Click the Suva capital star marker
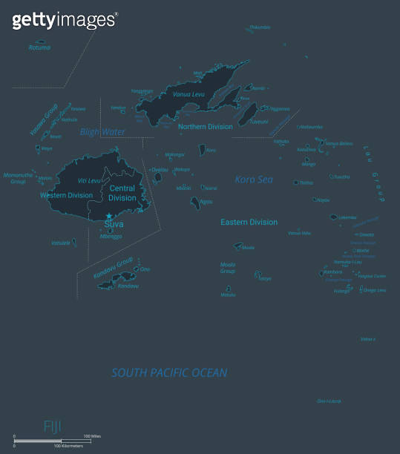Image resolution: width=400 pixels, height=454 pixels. pos(110,216)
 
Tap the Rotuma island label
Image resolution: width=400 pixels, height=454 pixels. pos(39,47)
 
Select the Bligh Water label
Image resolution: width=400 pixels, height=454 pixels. pos(102,132)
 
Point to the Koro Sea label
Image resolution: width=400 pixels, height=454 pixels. pos(254,180)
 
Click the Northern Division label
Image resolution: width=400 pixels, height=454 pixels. pos(206,127)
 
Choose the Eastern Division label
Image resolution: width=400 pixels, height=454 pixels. pos(249,222)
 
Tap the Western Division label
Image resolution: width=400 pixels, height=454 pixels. pos(66,196)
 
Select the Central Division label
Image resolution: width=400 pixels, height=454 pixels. pos(122,194)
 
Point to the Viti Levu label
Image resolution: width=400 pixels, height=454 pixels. pos(88,181)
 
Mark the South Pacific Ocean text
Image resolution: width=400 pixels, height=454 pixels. pos(169,372)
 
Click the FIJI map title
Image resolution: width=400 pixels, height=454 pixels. pos(52,425)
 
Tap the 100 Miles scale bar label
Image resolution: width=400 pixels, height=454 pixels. pos(91,435)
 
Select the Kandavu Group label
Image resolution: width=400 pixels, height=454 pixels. pos(113,269)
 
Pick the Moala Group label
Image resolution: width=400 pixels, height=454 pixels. pos(228,268)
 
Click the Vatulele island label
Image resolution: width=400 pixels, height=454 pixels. pos(61,243)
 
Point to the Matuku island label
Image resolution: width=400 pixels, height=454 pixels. pos(228,295)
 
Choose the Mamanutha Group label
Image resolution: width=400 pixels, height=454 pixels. pos(19,178)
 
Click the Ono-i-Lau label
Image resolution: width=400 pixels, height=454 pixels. pos(329,401)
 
